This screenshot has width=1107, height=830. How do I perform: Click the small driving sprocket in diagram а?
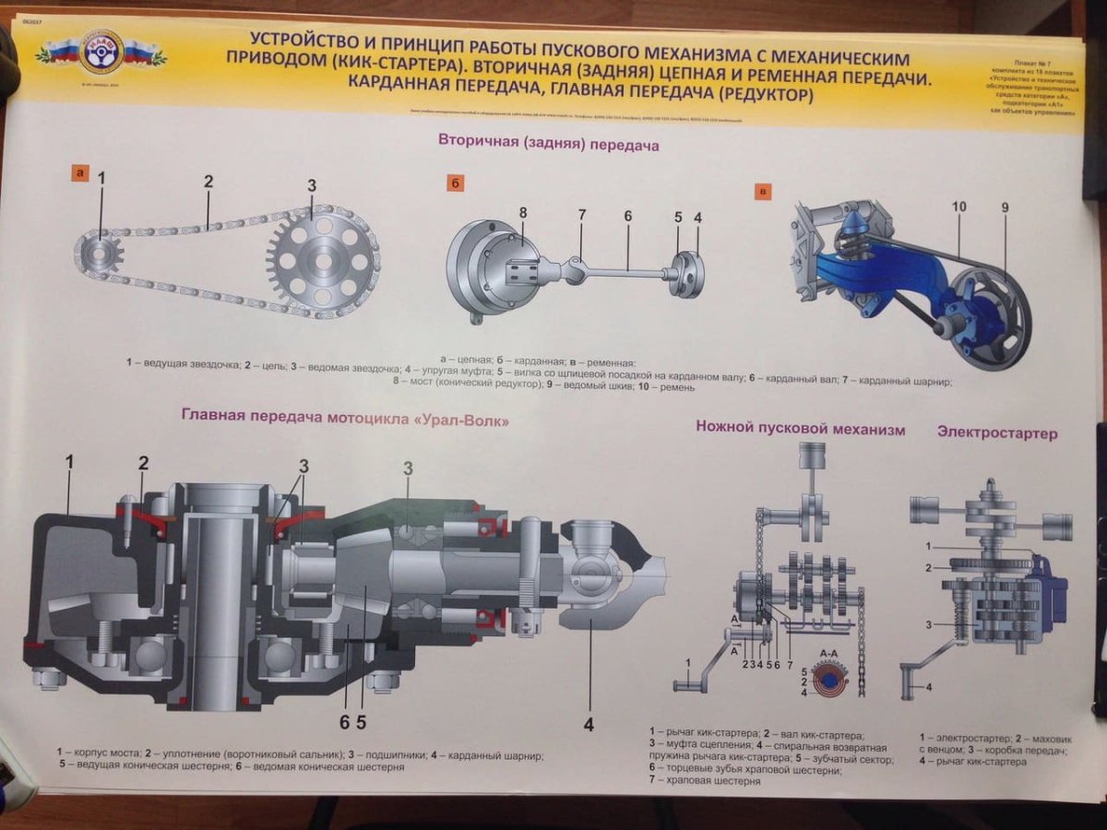coord(101,250)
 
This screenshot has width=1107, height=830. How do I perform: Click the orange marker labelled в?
coord(763,191)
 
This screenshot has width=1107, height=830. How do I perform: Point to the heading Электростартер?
coord(997,432)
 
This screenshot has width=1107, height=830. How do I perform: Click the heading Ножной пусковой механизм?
coord(800,429)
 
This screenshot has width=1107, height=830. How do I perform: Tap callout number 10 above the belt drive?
coord(959,207)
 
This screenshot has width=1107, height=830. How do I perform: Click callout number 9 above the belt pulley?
coord(1005,207)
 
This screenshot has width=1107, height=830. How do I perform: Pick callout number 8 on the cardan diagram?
coord(522,212)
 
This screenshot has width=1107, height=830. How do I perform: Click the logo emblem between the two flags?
coord(101,55)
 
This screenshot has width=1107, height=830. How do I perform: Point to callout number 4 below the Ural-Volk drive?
coord(588,725)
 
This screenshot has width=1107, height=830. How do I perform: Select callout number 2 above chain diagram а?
coord(208,182)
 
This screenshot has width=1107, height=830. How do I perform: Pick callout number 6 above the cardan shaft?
coord(627,217)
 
